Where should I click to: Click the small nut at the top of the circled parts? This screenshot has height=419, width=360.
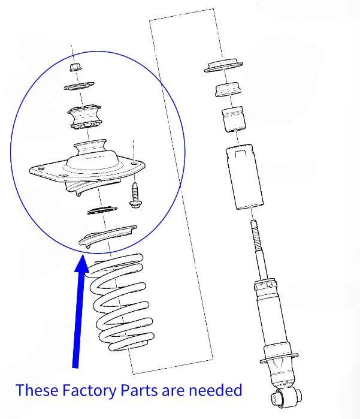[75, 67]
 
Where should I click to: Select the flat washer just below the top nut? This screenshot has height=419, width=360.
[79, 86]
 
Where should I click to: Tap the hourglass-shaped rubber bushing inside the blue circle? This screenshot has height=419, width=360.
[84, 117]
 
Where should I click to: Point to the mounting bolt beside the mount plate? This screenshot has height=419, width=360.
[135, 195]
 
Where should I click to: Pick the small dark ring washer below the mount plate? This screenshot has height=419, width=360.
[102, 210]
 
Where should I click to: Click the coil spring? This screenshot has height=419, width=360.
[120, 303]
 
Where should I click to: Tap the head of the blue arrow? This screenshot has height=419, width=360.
[81, 264]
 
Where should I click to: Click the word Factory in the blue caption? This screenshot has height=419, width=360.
[89, 390]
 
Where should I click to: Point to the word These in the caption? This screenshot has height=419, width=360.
[37, 390]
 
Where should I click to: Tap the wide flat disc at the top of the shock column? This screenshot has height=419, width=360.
[223, 65]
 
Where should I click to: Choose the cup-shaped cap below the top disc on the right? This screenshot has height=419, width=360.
[228, 89]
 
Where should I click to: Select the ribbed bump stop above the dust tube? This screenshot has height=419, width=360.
[233, 119]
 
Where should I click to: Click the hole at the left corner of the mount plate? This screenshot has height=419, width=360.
[41, 168]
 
